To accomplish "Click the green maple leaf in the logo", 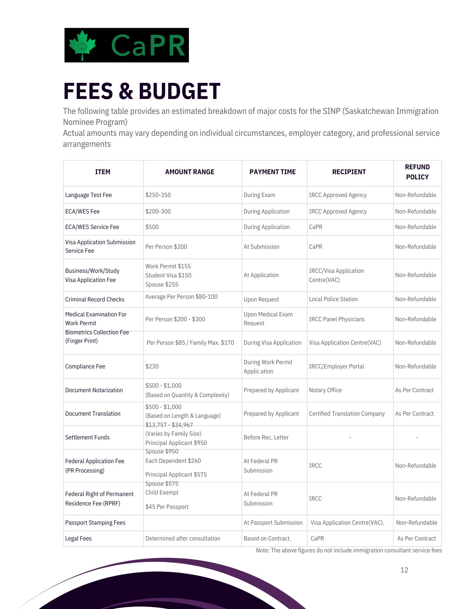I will [x=82, y=45].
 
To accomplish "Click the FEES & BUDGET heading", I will [x=141, y=91].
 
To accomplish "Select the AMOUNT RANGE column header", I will [x=190, y=172].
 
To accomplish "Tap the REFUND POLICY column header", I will [x=417, y=172].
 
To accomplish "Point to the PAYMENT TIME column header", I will [x=273, y=172].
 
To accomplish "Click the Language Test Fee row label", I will [x=89, y=195].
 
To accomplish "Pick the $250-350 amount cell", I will [x=158, y=195].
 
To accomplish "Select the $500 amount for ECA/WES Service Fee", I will [x=152, y=227].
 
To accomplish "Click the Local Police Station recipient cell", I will [x=333, y=299].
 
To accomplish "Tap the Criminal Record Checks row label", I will [x=95, y=300].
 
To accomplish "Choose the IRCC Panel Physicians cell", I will [x=337, y=319].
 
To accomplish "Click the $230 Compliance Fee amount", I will [x=152, y=367].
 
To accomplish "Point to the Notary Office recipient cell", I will [x=325, y=390].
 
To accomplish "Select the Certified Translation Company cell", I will [x=347, y=414].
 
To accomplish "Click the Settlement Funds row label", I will [x=87, y=438].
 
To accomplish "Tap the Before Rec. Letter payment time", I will [x=266, y=438].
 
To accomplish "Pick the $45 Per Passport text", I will [x=167, y=507].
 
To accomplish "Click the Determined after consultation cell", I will [x=183, y=539].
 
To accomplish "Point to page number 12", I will [x=404, y=570].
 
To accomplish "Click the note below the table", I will [x=349, y=551].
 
